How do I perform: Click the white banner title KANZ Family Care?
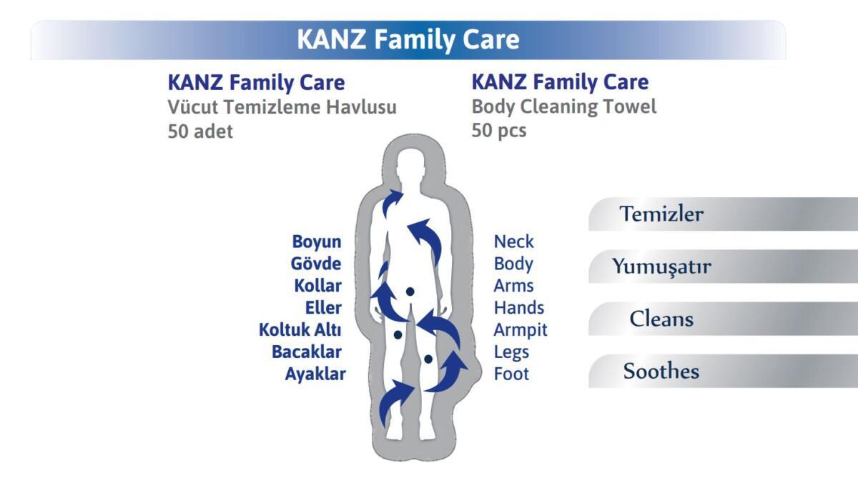tap(408, 39)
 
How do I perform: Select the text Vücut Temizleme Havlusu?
tap(282, 106)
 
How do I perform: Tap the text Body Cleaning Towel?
tap(564, 106)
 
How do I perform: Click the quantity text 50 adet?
tap(200, 131)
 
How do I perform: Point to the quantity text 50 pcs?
tap(499, 131)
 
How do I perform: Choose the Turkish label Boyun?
tap(316, 242)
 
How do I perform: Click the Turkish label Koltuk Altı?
tap(300, 330)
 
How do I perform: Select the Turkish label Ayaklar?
tap(315, 374)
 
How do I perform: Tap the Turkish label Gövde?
tap(315, 264)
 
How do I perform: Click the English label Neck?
tap(513, 242)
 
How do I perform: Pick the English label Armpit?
tap(521, 330)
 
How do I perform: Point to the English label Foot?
tap(511, 374)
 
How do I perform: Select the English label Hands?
tap(519, 308)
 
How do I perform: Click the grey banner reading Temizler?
tap(723, 214)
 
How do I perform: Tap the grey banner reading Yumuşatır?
tap(723, 267)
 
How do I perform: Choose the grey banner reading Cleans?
tap(723, 319)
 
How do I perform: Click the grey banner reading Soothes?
tap(723, 372)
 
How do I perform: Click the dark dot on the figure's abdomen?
tap(410, 292)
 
